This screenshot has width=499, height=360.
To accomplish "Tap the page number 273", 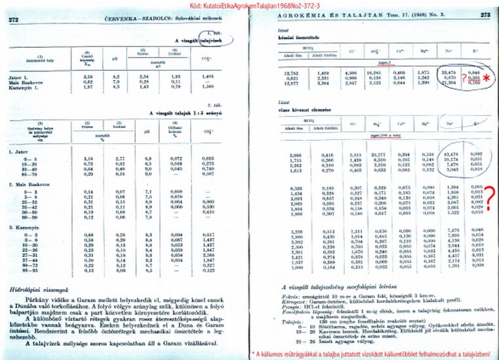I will [x=486, y=14].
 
